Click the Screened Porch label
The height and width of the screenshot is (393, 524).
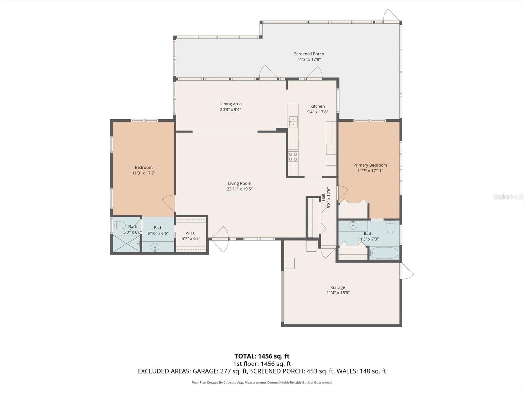tap(309, 54)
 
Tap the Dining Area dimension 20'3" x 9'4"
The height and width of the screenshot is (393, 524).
tap(230, 110)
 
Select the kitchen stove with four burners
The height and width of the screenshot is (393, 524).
tap(293, 157)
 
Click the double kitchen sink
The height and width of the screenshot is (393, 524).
tap(293, 122)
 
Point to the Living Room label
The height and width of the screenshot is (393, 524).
tap(239, 183)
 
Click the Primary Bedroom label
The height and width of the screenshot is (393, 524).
tap(370, 165)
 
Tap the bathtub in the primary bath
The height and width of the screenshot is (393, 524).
tap(384, 253)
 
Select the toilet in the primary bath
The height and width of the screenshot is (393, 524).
tap(390, 227)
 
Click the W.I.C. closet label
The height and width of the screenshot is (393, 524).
tap(191, 233)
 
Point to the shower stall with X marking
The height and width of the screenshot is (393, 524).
tap(126, 243)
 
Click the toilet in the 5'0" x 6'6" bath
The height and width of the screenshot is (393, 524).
tap(119, 225)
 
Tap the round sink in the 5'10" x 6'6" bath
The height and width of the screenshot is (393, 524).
tap(155, 247)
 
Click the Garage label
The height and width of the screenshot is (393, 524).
tap(338, 287)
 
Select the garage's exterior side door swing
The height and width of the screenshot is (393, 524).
tap(407, 272)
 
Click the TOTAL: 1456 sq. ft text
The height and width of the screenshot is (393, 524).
tap(262, 356)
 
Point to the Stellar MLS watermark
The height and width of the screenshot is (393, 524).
tap(507, 196)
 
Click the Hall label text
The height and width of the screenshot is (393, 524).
tap(323, 198)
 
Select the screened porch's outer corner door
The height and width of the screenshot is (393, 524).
tap(390, 16)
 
